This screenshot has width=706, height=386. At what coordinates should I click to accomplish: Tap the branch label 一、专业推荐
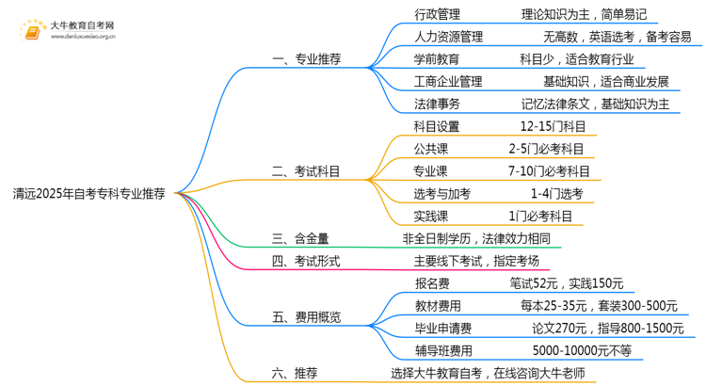tap(306, 58)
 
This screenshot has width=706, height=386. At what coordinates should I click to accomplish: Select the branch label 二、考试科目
tap(306, 171)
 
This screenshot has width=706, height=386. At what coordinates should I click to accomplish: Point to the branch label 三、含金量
tap(300, 239)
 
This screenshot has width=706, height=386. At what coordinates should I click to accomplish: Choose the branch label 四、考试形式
tap(306, 261)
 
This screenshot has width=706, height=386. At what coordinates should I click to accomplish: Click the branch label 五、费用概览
tap(306, 316)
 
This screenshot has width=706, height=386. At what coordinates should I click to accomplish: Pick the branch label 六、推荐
tap(294, 373)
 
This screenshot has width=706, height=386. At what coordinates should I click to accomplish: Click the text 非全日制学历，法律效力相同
tap(475, 239)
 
